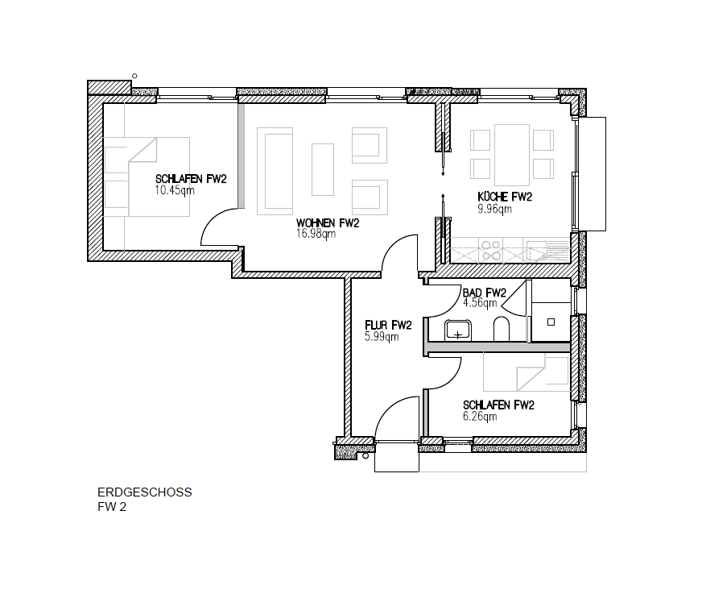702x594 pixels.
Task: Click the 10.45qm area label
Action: (175, 190)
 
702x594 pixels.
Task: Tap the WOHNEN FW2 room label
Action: (328, 223)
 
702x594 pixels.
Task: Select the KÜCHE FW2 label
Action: (505, 197)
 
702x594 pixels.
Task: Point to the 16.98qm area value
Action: (316, 234)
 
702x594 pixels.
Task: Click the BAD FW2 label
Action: (485, 293)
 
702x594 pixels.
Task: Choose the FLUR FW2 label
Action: (388, 326)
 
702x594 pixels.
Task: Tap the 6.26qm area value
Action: (480, 417)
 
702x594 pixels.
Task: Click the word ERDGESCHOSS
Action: (145, 492)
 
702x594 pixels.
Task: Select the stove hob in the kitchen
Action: (491, 251)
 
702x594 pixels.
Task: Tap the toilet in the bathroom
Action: (502, 330)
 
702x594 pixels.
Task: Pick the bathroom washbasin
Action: (457, 330)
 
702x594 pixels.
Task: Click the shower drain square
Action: (551, 322)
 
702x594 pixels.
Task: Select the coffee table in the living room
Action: (323, 169)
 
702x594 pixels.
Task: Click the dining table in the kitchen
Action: (512, 155)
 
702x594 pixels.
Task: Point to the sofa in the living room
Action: (275, 171)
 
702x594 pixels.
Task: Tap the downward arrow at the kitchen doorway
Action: (443, 161)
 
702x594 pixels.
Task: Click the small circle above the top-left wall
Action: (134, 77)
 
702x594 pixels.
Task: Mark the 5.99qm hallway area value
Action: (382, 337)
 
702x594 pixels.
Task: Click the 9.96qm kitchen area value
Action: (495, 209)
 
